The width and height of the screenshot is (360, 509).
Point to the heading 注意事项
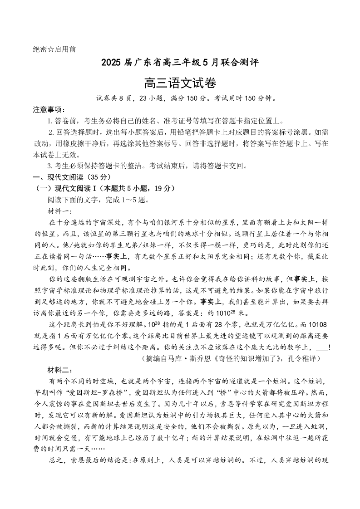49,109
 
